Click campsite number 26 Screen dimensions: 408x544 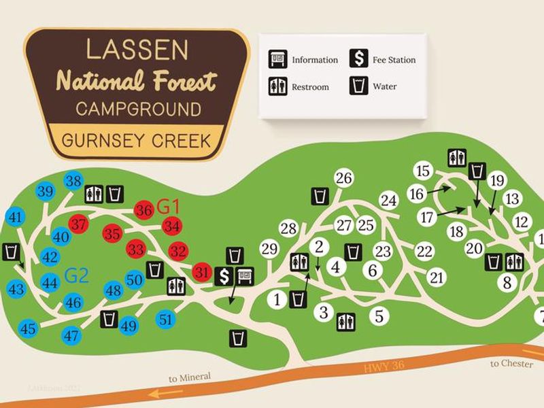[x=344, y=178]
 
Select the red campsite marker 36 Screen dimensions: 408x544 [x=143, y=210]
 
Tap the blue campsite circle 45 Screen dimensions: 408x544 [x=28, y=328]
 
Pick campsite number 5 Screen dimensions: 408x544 [x=379, y=316]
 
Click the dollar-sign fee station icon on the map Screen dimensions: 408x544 [x=224, y=276]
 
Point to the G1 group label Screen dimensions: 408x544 [x=167, y=205]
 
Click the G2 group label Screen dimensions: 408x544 [x=77, y=275]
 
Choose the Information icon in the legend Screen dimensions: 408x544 [x=277, y=59]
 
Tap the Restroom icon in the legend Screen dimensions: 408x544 [x=277, y=86]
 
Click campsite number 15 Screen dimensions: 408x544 [x=424, y=171]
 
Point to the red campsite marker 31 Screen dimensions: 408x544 [x=201, y=273]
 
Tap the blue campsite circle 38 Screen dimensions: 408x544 [x=73, y=181]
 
